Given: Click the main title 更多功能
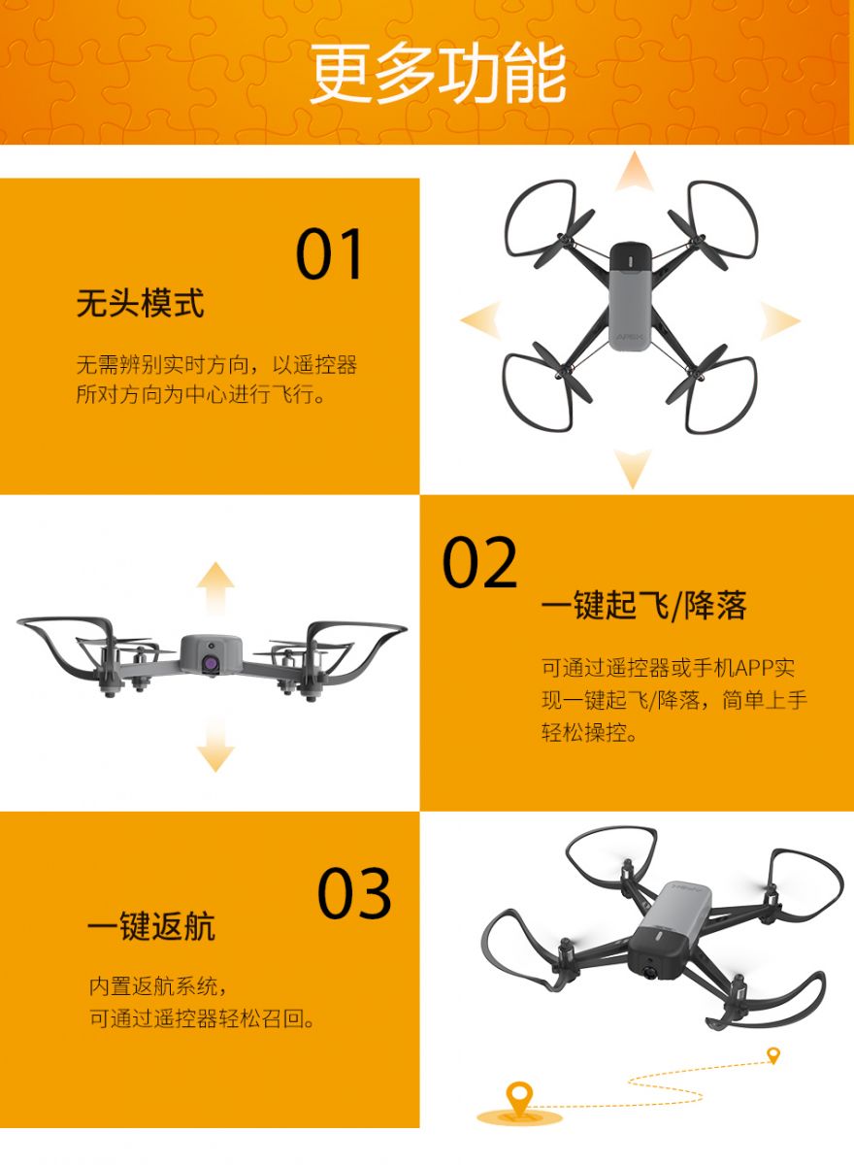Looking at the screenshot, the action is tap(438, 74).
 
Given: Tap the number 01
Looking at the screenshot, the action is tap(329, 253).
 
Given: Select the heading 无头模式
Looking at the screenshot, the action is tap(141, 303).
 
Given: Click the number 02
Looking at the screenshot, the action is tap(479, 562).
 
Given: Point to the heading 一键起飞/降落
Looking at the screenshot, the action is tap(644, 606).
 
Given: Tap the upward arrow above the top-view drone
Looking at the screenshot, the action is tap(634, 172).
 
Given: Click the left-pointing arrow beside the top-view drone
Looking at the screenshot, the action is tap(480, 320).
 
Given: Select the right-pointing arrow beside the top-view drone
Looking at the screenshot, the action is tap(779, 320).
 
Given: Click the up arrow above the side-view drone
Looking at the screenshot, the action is tap(215, 588).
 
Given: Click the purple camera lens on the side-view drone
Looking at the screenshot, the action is tap(211, 664).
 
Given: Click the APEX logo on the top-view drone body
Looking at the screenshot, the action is tap(630, 336).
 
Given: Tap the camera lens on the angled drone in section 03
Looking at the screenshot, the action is tap(650, 972).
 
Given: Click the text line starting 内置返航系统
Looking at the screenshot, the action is tap(158, 985).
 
